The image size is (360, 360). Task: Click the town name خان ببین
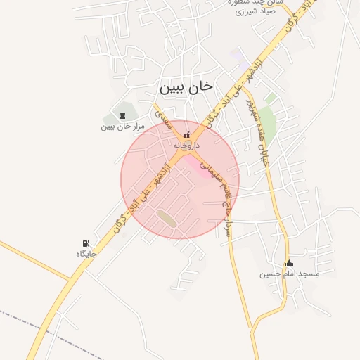[x=186, y=87]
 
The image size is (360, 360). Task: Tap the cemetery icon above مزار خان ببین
[x=123, y=115]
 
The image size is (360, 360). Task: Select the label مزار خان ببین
[x=122, y=127]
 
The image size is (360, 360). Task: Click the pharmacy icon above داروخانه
[x=186, y=134]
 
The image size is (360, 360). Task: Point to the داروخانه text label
[x=187, y=145]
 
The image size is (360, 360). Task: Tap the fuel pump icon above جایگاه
[x=86, y=243]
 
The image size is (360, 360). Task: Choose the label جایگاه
[x=86, y=253]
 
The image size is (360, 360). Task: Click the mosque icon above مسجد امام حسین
[x=289, y=264]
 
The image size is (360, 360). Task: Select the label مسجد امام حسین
[x=289, y=274]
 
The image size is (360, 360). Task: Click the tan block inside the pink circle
[x=167, y=217]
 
